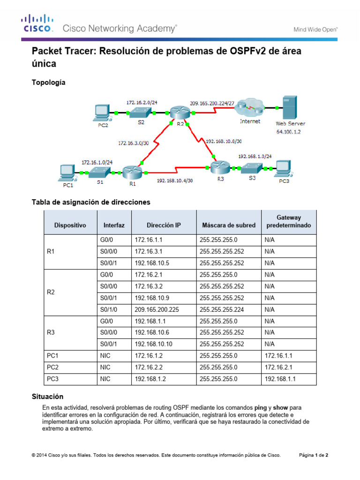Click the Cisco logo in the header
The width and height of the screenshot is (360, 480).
pos(36,24)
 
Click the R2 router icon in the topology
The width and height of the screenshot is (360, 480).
pos(179,112)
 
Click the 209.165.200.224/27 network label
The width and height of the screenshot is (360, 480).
pos(212,102)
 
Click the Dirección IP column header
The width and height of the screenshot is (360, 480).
pos(163,225)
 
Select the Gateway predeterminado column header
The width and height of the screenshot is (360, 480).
pos(288,222)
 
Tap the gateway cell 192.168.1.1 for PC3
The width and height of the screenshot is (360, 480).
pos(280,379)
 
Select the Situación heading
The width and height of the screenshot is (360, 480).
pos(47,397)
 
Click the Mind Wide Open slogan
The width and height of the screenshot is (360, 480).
pos(315,29)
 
